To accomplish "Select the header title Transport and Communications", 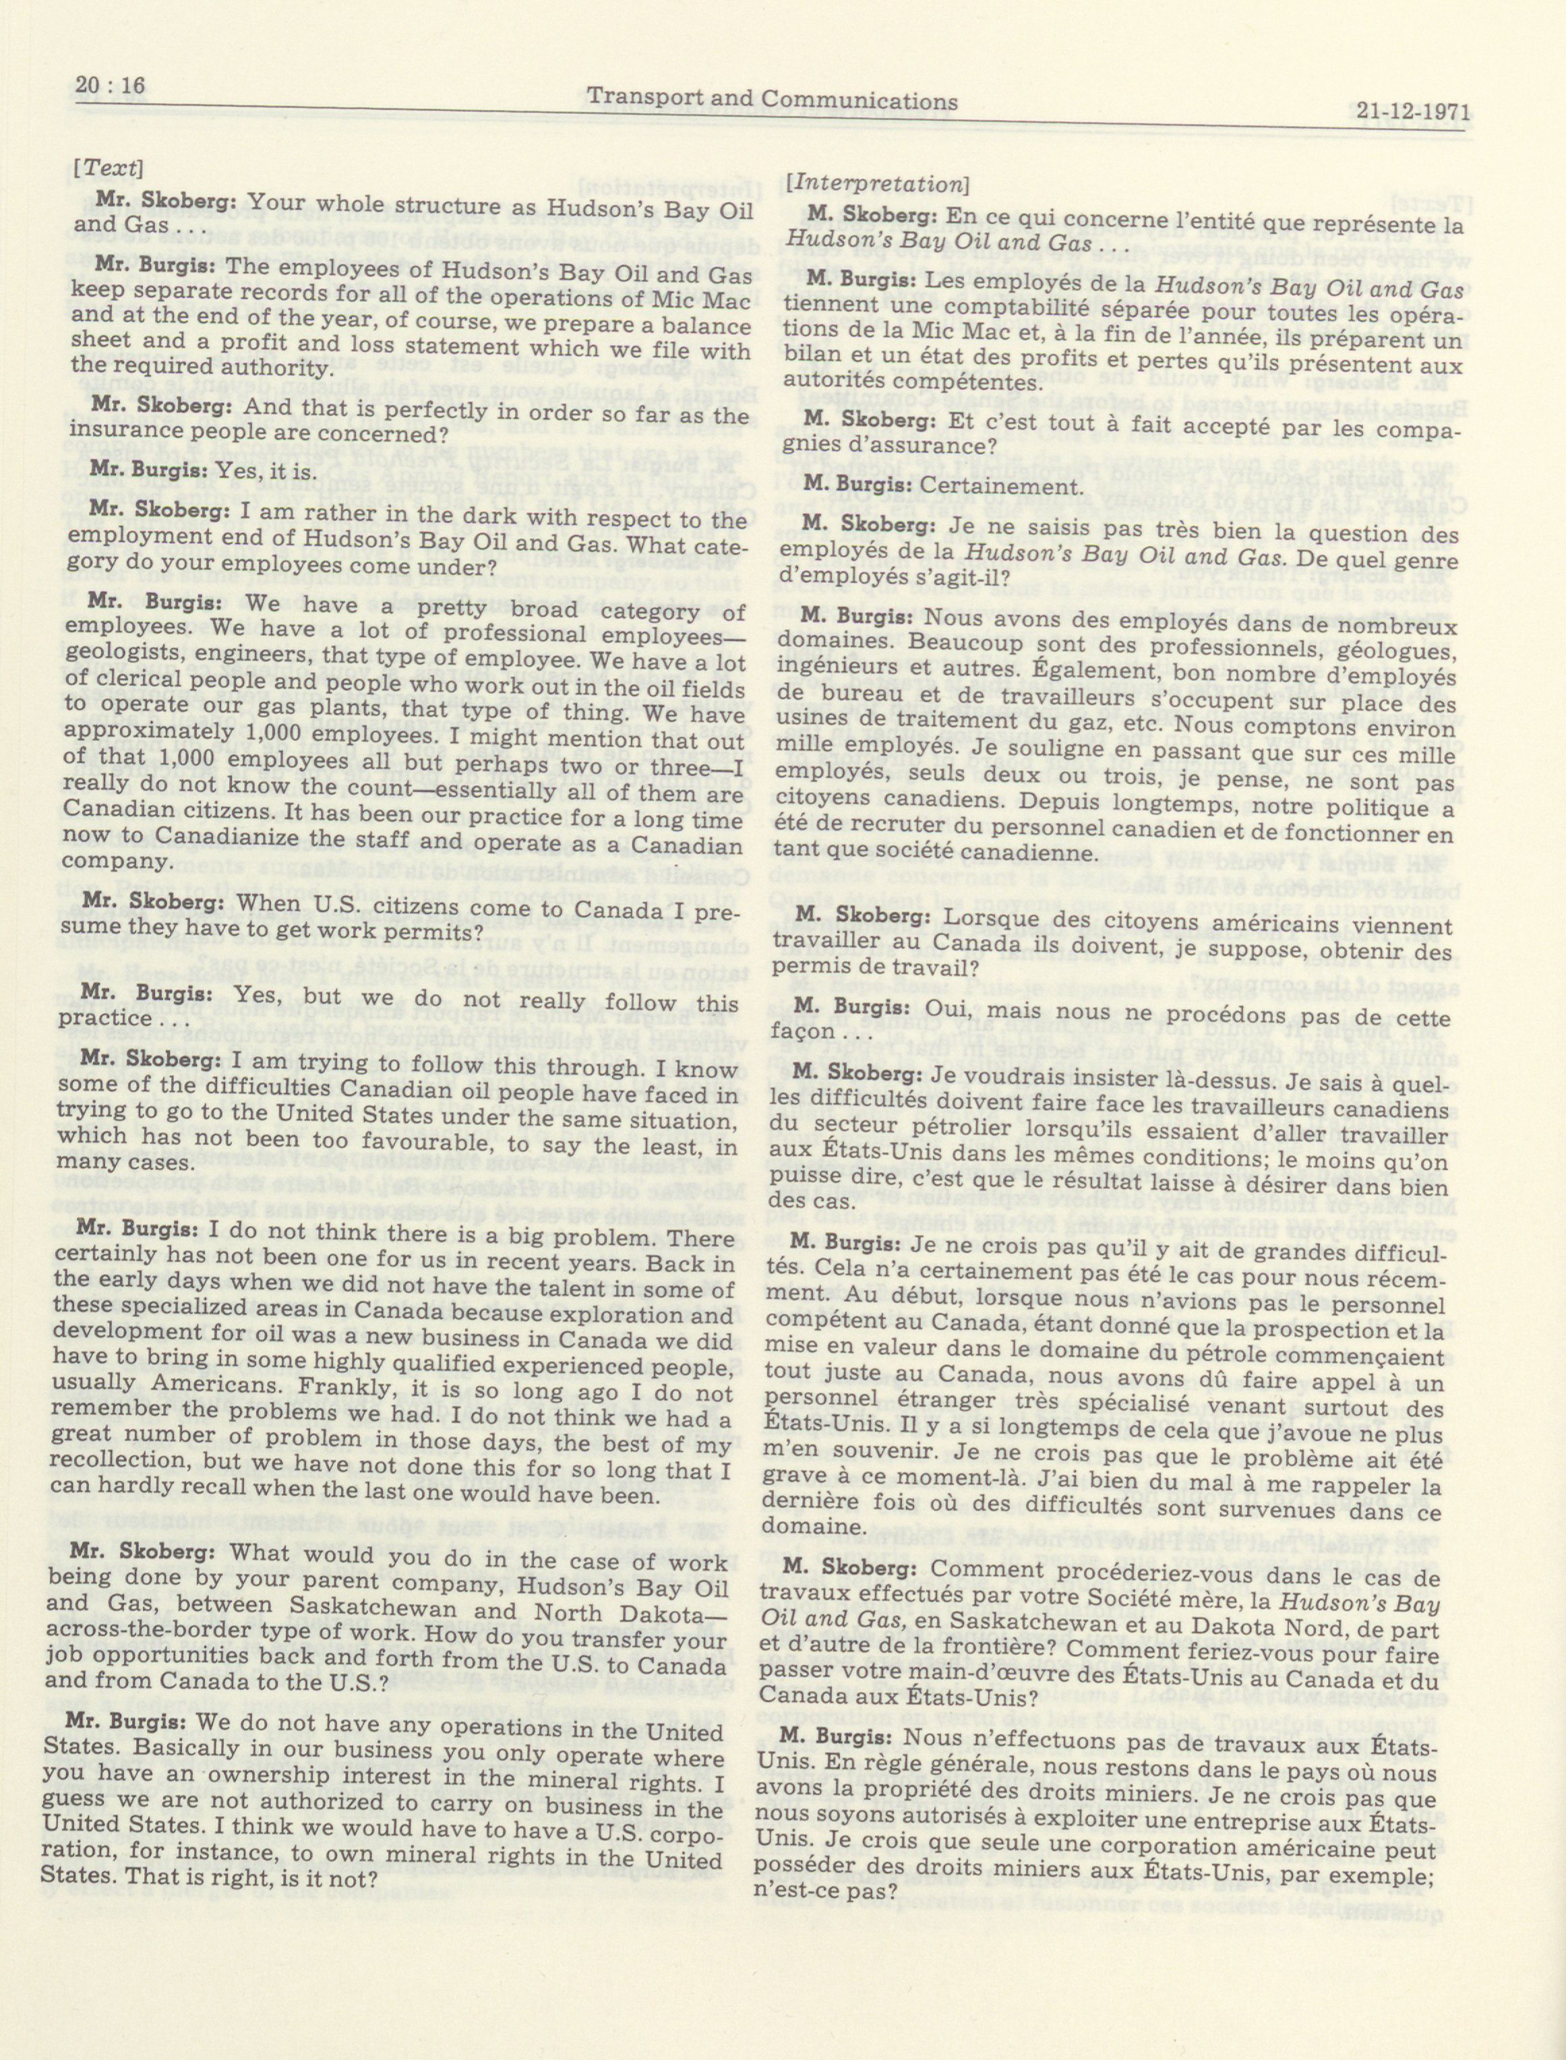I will [775, 99].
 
